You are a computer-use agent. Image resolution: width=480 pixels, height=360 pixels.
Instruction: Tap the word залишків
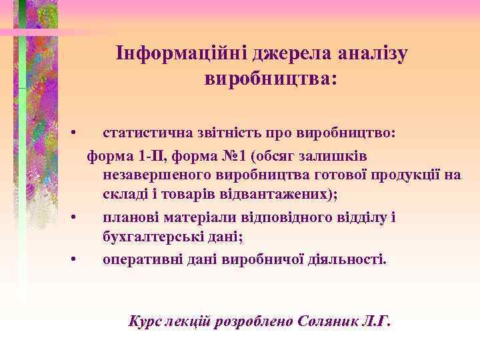[333, 156]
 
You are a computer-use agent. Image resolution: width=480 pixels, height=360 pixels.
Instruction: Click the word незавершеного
[157, 175]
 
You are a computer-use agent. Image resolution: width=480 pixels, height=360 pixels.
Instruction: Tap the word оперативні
[139, 259]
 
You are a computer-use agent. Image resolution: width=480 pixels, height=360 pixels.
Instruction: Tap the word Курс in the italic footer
[145, 322]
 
